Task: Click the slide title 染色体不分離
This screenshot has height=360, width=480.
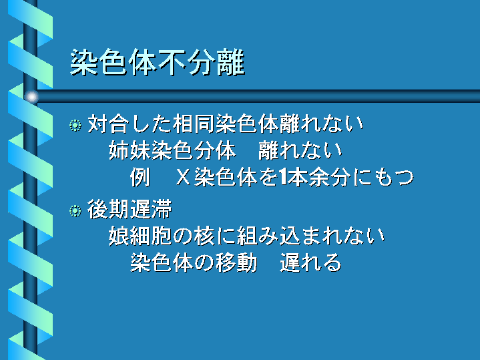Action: click(x=158, y=62)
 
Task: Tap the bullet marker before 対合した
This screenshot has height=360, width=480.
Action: click(x=75, y=126)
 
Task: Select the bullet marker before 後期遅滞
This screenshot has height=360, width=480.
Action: click(x=75, y=211)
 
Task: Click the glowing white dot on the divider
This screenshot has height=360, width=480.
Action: click(x=31, y=97)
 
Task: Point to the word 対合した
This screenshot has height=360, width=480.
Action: click(x=130, y=124)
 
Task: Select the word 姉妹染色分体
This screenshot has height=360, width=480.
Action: click(x=172, y=151)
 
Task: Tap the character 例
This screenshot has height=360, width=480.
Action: click(x=140, y=178)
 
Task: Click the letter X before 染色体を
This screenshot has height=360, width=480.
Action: click(x=184, y=178)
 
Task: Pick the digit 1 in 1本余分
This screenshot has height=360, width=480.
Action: click(x=283, y=178)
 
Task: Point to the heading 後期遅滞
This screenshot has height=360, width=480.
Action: click(x=130, y=210)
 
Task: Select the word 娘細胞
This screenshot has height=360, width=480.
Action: click(x=140, y=236)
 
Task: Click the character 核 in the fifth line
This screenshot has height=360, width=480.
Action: click(x=204, y=236)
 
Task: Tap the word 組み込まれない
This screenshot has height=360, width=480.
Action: click(x=310, y=236)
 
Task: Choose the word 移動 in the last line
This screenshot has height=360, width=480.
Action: click(x=236, y=263)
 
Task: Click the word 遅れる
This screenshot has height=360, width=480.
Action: click(x=310, y=263)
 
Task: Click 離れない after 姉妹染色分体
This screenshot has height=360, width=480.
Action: click(x=300, y=151)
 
